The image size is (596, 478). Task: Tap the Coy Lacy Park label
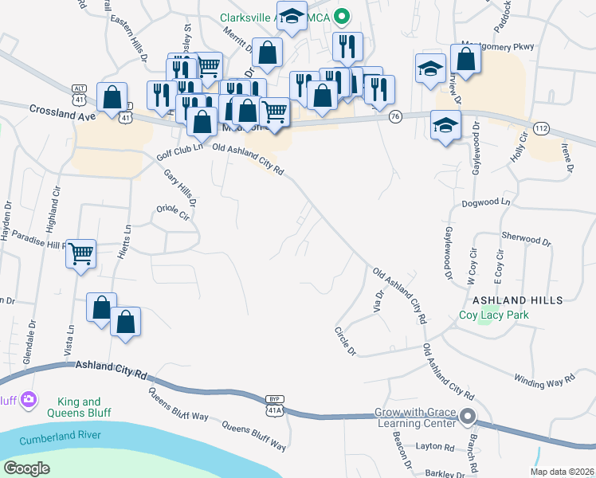click(493, 315)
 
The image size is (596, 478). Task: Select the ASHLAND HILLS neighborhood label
click(517, 300)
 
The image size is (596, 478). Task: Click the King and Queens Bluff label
click(79, 408)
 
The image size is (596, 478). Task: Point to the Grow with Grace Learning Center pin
click(469, 415)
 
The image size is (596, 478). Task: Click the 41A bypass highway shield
click(274, 406)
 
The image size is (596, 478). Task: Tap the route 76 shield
click(395, 116)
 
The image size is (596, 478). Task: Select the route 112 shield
click(542, 128)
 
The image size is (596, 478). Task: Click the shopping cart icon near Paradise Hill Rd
click(81, 254)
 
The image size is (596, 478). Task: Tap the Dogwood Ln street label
click(485, 203)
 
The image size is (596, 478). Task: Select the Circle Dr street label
click(345, 340)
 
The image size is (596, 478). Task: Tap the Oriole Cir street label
click(173, 215)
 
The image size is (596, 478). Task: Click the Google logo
click(27, 468)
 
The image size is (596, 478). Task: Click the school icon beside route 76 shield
click(445, 124)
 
